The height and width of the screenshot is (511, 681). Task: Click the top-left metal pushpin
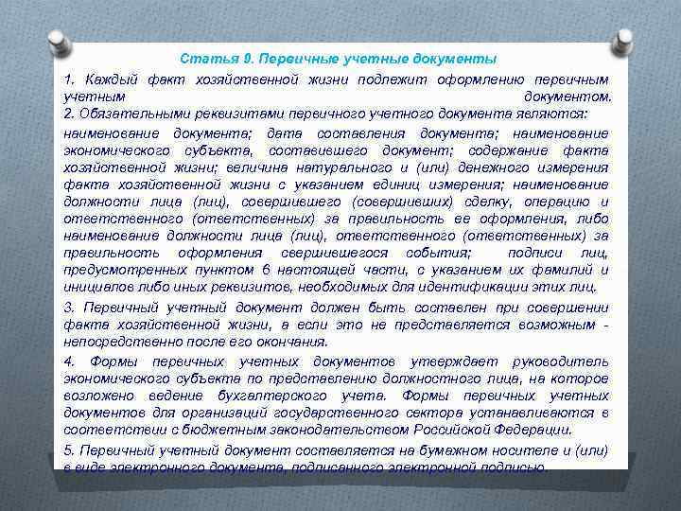click(x=58, y=43)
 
